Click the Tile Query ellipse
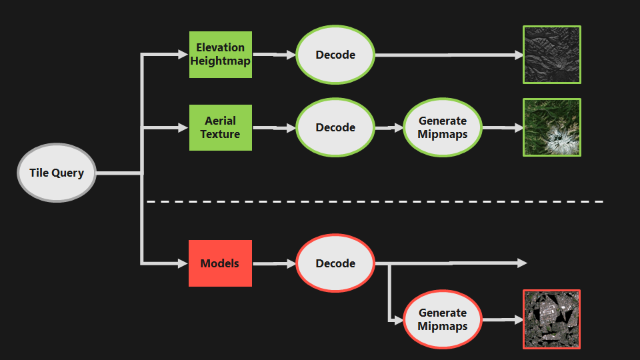click(x=57, y=173)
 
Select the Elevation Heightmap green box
click(x=221, y=55)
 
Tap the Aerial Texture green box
click(x=221, y=128)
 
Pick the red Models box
click(x=221, y=263)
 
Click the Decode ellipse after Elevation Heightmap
click(x=335, y=55)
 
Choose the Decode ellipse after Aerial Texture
click(x=335, y=127)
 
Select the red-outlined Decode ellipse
click(x=335, y=263)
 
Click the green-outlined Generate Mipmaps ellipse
click(x=443, y=127)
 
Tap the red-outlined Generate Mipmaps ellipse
click(x=443, y=319)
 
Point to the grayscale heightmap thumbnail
click(x=552, y=55)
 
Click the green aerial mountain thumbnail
click(x=552, y=127)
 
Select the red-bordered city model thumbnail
click(x=552, y=319)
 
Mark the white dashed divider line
click(x=375, y=201)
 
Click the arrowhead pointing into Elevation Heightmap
click(x=183, y=54)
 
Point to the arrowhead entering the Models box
click(x=183, y=263)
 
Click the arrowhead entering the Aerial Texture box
click(x=183, y=128)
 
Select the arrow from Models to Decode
click(x=274, y=264)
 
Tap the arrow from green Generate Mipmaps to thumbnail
click(x=503, y=128)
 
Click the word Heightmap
click(x=221, y=61)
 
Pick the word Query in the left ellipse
click(x=68, y=173)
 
